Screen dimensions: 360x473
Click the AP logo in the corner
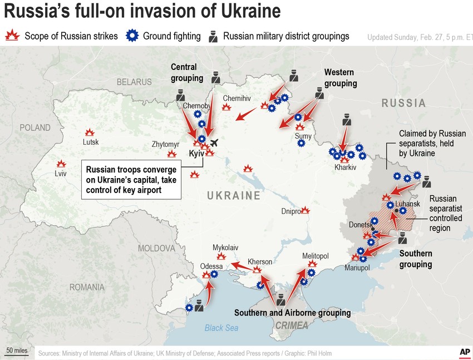(x=464, y=352)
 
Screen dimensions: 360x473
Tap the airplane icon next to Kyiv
(x=215, y=142)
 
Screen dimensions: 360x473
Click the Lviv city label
(x=60, y=174)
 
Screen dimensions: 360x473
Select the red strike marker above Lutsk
(x=89, y=132)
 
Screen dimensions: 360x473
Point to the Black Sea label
(x=221, y=328)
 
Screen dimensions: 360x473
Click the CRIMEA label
(x=292, y=326)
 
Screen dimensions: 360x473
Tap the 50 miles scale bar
(x=17, y=351)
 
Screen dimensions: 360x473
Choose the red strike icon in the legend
(x=12, y=36)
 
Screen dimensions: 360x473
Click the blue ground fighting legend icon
(x=132, y=36)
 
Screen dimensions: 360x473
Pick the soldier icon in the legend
(x=213, y=36)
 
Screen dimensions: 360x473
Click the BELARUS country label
(x=134, y=82)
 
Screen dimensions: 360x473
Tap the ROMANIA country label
(x=86, y=287)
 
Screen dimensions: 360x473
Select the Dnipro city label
(x=290, y=211)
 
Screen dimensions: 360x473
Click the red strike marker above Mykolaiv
(x=221, y=256)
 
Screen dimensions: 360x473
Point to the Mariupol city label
(x=357, y=268)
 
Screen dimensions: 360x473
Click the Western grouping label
(x=340, y=78)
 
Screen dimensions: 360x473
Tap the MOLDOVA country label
(x=156, y=248)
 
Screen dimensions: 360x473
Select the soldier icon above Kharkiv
(x=346, y=120)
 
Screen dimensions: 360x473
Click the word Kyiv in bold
(x=196, y=153)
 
